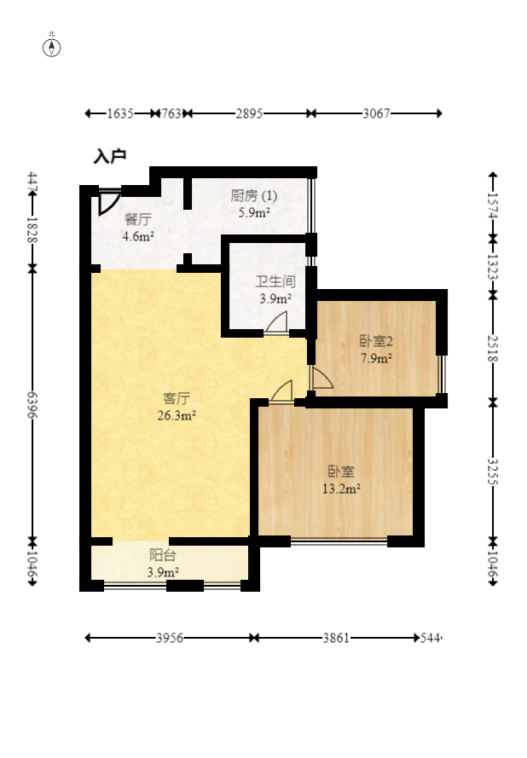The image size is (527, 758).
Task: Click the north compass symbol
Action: coord(52,46)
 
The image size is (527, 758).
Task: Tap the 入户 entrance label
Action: coord(110,156)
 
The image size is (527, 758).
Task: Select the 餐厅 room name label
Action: coord(137,218)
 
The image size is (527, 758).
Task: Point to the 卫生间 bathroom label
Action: coord(275,281)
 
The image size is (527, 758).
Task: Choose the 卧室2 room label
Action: coord(376,341)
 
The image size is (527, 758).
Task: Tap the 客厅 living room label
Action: coord(176,397)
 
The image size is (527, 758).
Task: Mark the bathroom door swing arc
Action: coord(277,322)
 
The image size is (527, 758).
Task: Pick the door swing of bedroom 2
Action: coord(321,379)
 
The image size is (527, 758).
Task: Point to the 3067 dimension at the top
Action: coord(376,113)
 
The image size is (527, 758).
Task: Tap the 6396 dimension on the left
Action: coord(32,405)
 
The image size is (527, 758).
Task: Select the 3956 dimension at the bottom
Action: coord(169,638)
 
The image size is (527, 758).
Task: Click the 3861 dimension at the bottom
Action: coord(335,638)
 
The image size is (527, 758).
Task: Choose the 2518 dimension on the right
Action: coord(493,347)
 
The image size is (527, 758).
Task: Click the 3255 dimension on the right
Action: coord(493,472)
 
